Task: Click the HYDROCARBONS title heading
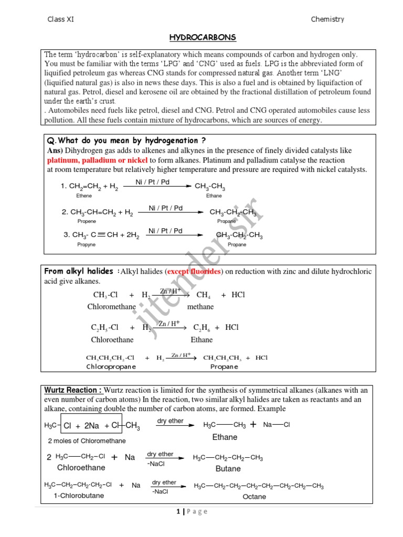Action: tap(203, 38)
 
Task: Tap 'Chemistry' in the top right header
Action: tap(327, 19)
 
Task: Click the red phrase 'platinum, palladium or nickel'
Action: tap(98, 160)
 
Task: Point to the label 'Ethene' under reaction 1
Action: tap(84, 196)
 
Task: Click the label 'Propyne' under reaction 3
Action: tap(87, 245)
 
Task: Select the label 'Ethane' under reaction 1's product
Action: tap(214, 196)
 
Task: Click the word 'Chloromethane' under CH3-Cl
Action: tap(112, 307)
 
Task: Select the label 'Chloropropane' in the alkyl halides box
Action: tap(111, 367)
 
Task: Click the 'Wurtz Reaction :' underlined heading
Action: tap(73, 390)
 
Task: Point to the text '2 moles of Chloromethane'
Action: tap(87, 441)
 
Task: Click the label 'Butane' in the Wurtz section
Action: tap(228, 469)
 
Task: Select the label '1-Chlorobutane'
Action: tap(79, 496)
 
